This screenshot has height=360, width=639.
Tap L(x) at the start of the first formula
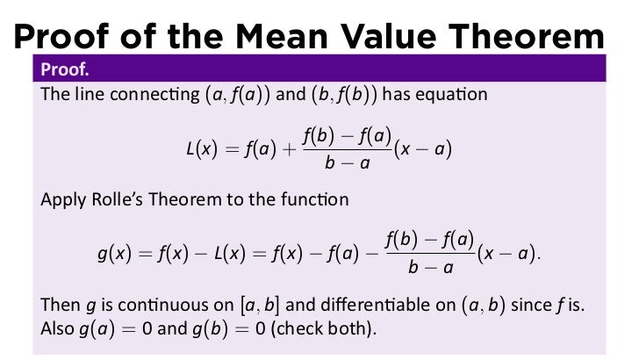click(204, 150)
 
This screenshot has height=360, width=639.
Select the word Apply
click(61, 199)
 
